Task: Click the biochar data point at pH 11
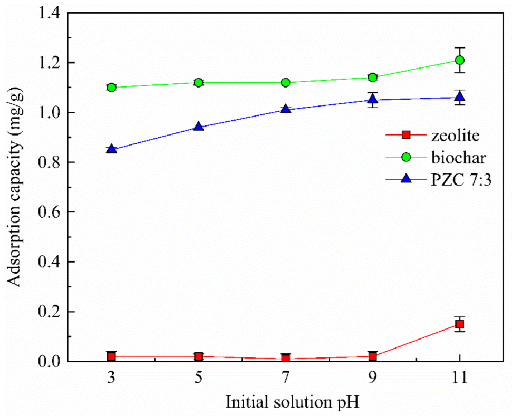(459, 60)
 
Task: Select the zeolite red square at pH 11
(459, 324)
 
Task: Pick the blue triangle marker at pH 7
(285, 109)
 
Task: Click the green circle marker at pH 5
(199, 82)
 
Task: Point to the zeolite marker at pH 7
(285, 359)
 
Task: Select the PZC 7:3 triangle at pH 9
(373, 99)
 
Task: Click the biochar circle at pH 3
(111, 88)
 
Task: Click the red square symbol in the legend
(406, 135)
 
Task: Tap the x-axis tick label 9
(373, 378)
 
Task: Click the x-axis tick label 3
(111, 378)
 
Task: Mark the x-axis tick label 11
(459, 378)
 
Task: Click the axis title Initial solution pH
(285, 402)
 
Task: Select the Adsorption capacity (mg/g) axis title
(16, 187)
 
